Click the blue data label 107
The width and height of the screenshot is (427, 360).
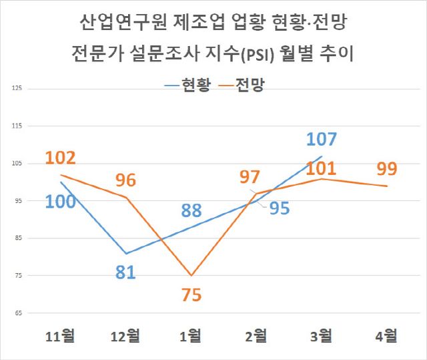coord(322,140)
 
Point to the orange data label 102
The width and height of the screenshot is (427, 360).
coord(60,158)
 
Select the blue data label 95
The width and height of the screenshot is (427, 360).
coord(280,208)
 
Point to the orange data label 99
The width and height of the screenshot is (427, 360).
coord(386,169)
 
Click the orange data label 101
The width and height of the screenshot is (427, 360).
coord(322,168)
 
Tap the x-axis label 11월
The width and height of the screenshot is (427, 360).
coord(60,335)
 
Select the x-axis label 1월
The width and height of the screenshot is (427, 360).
coord(191,335)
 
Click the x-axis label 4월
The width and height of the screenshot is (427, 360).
coord(386,335)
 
